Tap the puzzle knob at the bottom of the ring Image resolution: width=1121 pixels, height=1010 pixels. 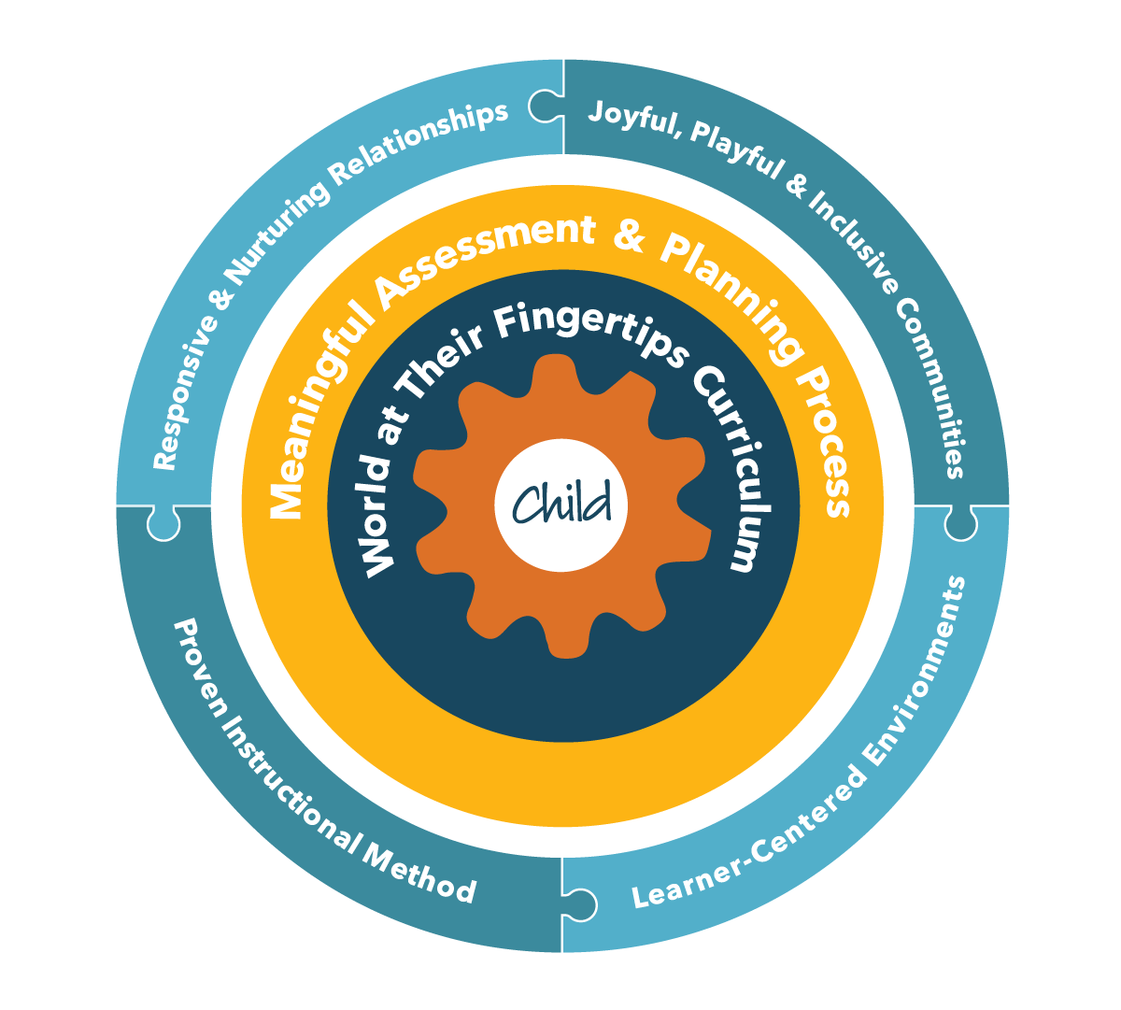point(579,902)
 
